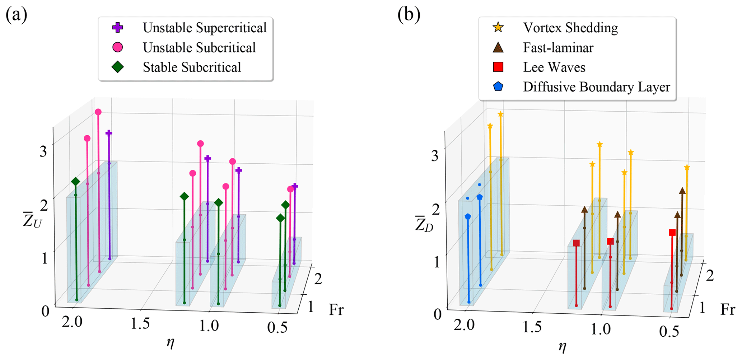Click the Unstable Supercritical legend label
pos(204,28)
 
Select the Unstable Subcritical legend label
pos(199,48)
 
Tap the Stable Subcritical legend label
pos(192,67)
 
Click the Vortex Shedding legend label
pos(570,28)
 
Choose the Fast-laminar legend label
pos(558,48)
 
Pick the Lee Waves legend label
pos(554,67)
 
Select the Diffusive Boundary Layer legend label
pos(596,87)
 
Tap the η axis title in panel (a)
pos(170,343)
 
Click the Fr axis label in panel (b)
pos(727,310)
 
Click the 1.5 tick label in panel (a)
pos(140,324)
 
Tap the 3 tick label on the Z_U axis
pos(43,151)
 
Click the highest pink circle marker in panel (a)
pos(98,112)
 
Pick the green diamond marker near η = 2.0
pos(75,182)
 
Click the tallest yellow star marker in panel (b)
pos(500,114)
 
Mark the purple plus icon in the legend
pos(118,28)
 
